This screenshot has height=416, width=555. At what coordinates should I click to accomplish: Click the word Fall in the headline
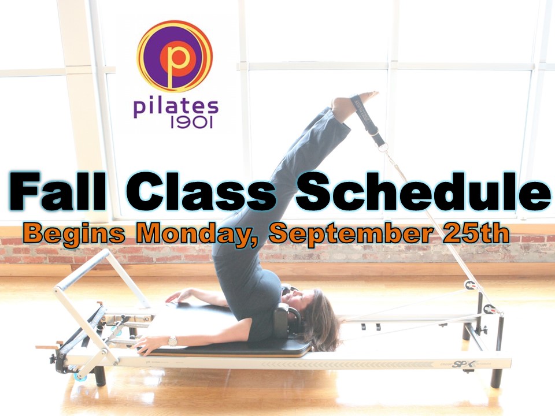pos(57,191)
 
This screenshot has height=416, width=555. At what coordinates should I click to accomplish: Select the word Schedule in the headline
pos(423,191)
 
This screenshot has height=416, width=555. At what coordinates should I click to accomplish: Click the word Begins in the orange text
pos(75,233)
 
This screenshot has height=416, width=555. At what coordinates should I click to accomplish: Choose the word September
pos(351,233)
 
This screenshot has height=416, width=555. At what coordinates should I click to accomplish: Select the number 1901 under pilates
pos(191,122)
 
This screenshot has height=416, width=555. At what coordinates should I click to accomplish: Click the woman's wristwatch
pos(172,341)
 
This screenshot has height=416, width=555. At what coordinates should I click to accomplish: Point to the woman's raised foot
pos(354,101)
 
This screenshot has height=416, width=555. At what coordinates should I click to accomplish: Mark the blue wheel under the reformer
pos(79,376)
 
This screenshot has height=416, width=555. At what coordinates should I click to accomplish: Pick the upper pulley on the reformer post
pos(471,284)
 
